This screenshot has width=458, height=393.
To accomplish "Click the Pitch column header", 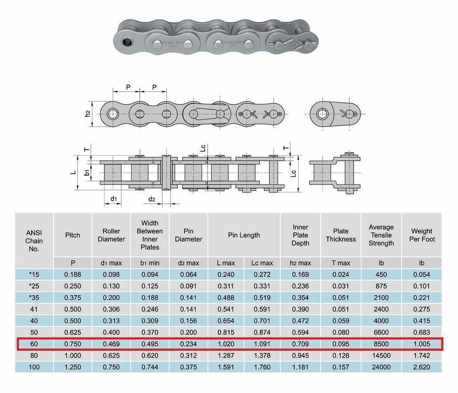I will pos(72,235).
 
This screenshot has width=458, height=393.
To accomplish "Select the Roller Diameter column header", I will pos(111,235).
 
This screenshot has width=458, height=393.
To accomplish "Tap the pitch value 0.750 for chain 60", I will pos(72,344).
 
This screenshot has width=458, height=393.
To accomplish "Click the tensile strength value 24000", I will pos(381,367).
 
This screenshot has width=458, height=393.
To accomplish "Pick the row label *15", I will pos(34,275).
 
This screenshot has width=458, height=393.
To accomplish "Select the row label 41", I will pos(34,309).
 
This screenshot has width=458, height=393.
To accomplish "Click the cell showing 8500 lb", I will pos(381,344).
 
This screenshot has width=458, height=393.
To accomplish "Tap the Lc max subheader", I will pos(262,263).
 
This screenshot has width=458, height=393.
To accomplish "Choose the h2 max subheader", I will pos(300,263).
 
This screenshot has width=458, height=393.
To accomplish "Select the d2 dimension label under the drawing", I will pos(152,199).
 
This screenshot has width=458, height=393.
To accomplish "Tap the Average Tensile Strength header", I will pos(381,235).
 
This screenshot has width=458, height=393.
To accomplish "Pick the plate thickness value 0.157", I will pos(341,367).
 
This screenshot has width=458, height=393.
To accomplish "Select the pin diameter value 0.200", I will pos(189,332).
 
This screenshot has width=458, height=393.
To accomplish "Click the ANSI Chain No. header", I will pos(34,241).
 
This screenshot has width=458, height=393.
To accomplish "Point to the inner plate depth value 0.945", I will pos(300,355).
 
